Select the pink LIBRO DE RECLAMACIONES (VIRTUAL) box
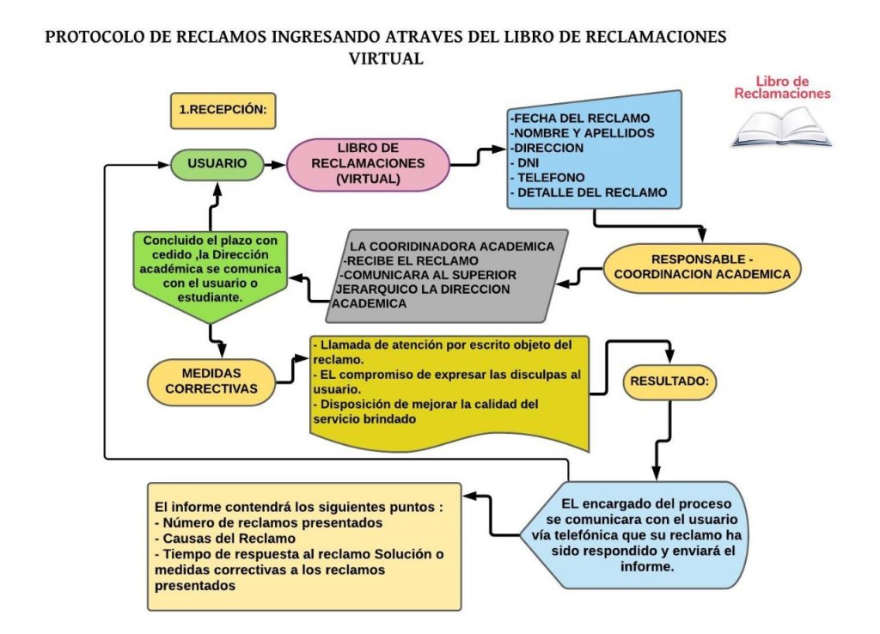click(368, 163)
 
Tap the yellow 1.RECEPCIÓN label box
click(223, 110)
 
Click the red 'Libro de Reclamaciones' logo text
click(782, 87)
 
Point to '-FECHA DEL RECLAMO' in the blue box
click(579, 118)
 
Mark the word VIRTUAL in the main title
click(386, 59)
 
